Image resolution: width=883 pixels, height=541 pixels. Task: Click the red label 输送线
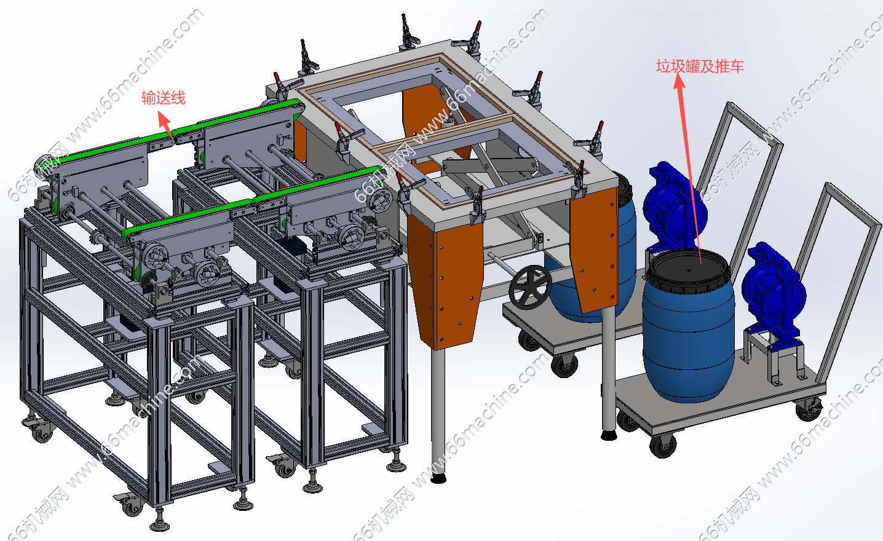(163, 98)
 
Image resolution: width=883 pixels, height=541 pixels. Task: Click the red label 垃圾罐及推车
(700, 66)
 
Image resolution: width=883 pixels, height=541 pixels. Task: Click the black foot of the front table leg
(438, 478)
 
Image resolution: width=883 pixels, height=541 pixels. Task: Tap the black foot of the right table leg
(609, 435)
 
